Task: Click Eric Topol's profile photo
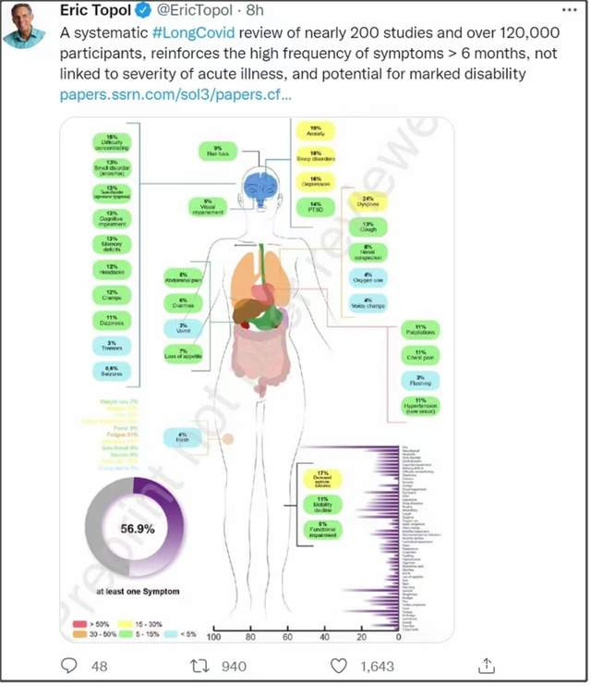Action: pyautogui.click(x=28, y=25)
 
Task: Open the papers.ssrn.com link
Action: pyautogui.click(x=175, y=94)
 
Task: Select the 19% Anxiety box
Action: pyautogui.click(x=315, y=132)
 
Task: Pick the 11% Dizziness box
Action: pyautogui.click(x=111, y=321)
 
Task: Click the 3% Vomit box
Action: pyautogui.click(x=183, y=326)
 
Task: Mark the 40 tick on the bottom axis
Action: pyautogui.click(x=325, y=638)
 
